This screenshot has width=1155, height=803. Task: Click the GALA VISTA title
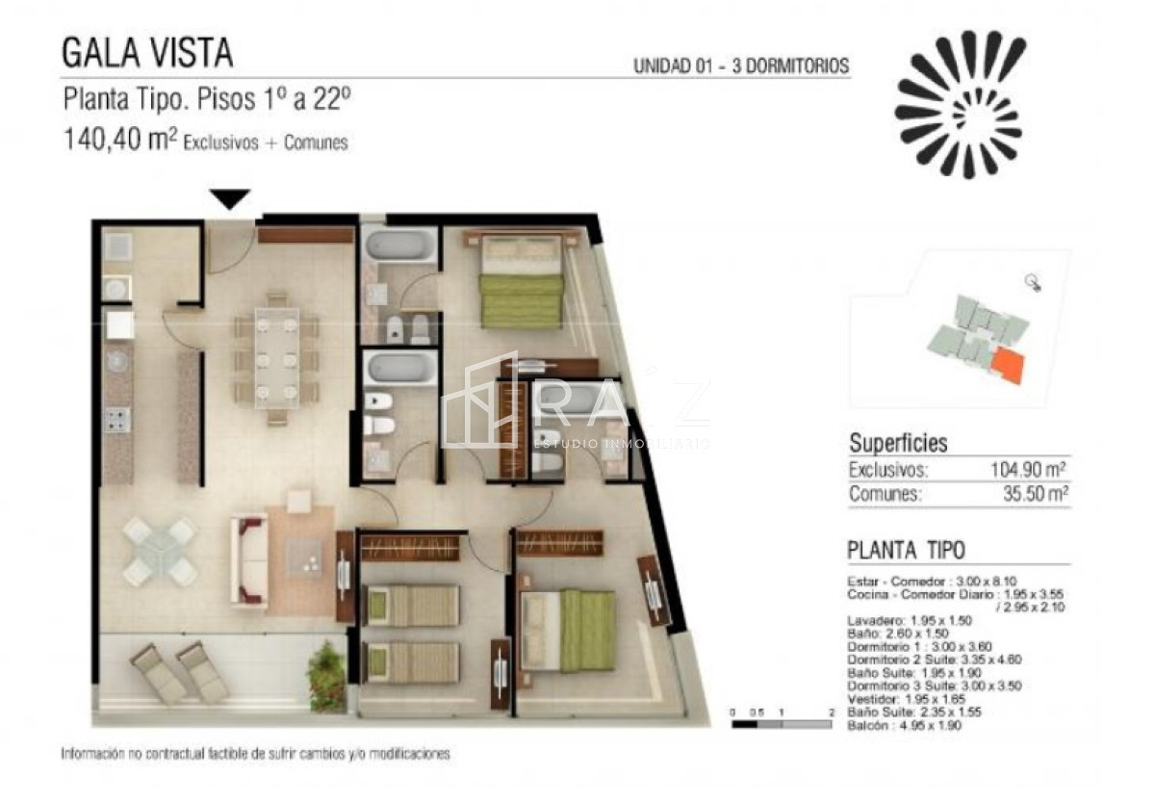(147, 52)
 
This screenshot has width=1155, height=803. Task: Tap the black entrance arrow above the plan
(231, 198)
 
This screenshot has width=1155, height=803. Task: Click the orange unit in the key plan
(1009, 366)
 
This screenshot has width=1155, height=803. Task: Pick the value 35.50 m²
(1033, 495)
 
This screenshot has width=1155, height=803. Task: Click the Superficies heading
(897, 444)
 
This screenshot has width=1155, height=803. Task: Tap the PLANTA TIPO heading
(906, 550)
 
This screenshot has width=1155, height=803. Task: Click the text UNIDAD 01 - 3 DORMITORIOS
(740, 66)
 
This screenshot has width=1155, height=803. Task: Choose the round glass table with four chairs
(159, 552)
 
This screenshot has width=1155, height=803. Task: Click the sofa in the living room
(248, 561)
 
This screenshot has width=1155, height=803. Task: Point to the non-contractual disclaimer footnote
(255, 754)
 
